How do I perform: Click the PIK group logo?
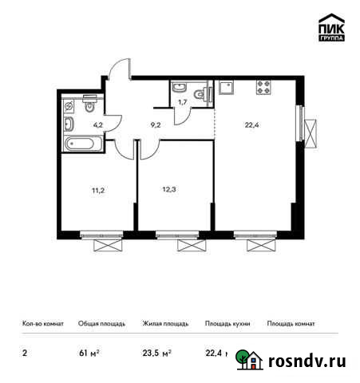tap(330, 27)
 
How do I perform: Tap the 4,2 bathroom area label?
tap(98, 124)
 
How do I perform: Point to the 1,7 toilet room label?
tap(183, 102)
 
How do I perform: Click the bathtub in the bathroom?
tap(81, 144)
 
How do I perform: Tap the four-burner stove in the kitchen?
tap(264, 88)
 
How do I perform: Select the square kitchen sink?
tap(226, 88)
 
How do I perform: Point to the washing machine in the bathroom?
tap(70, 105)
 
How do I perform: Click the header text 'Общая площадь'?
tap(100, 324)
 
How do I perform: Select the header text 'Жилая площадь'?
tap(164, 324)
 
